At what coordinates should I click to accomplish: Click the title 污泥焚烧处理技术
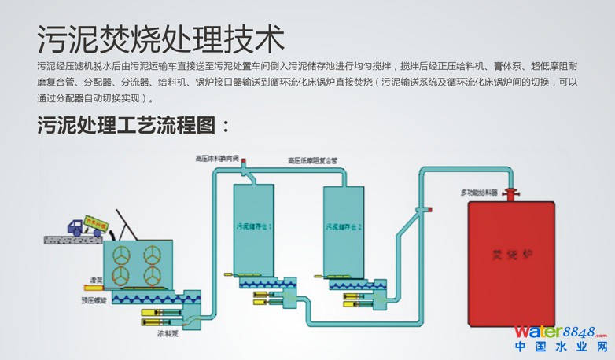(160, 38)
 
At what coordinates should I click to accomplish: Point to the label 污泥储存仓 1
(254, 226)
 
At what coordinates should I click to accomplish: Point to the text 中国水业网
(561, 347)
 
